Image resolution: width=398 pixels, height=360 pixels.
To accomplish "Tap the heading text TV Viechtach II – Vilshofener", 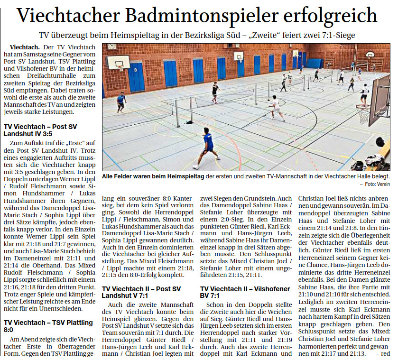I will click(x=245, y=288).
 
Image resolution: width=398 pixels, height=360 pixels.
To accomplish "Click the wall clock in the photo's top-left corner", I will click(x=111, y=46).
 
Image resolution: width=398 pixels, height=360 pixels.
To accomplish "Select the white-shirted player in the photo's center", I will click(x=275, y=108).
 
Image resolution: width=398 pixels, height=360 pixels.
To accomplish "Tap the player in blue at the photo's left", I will click(x=121, y=102).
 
